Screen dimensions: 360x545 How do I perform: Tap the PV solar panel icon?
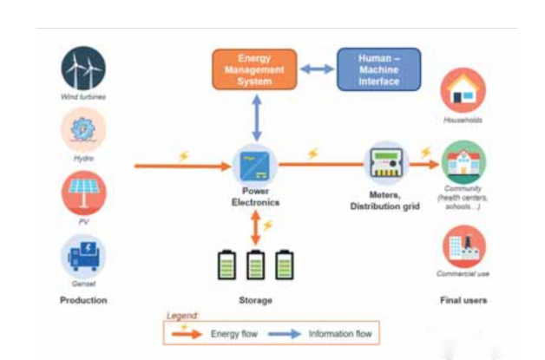click(83, 193)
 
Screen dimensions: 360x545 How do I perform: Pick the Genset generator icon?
click(83, 256)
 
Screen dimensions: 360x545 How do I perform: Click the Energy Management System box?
click(254, 69)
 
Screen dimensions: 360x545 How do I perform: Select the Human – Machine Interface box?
click(378, 69)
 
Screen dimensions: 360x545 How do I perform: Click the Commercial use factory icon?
click(463, 246)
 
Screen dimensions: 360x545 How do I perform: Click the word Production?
click(83, 300)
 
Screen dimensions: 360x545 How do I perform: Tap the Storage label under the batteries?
click(255, 300)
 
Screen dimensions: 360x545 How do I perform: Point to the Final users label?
click(463, 300)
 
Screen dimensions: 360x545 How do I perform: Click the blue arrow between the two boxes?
click(317, 69)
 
